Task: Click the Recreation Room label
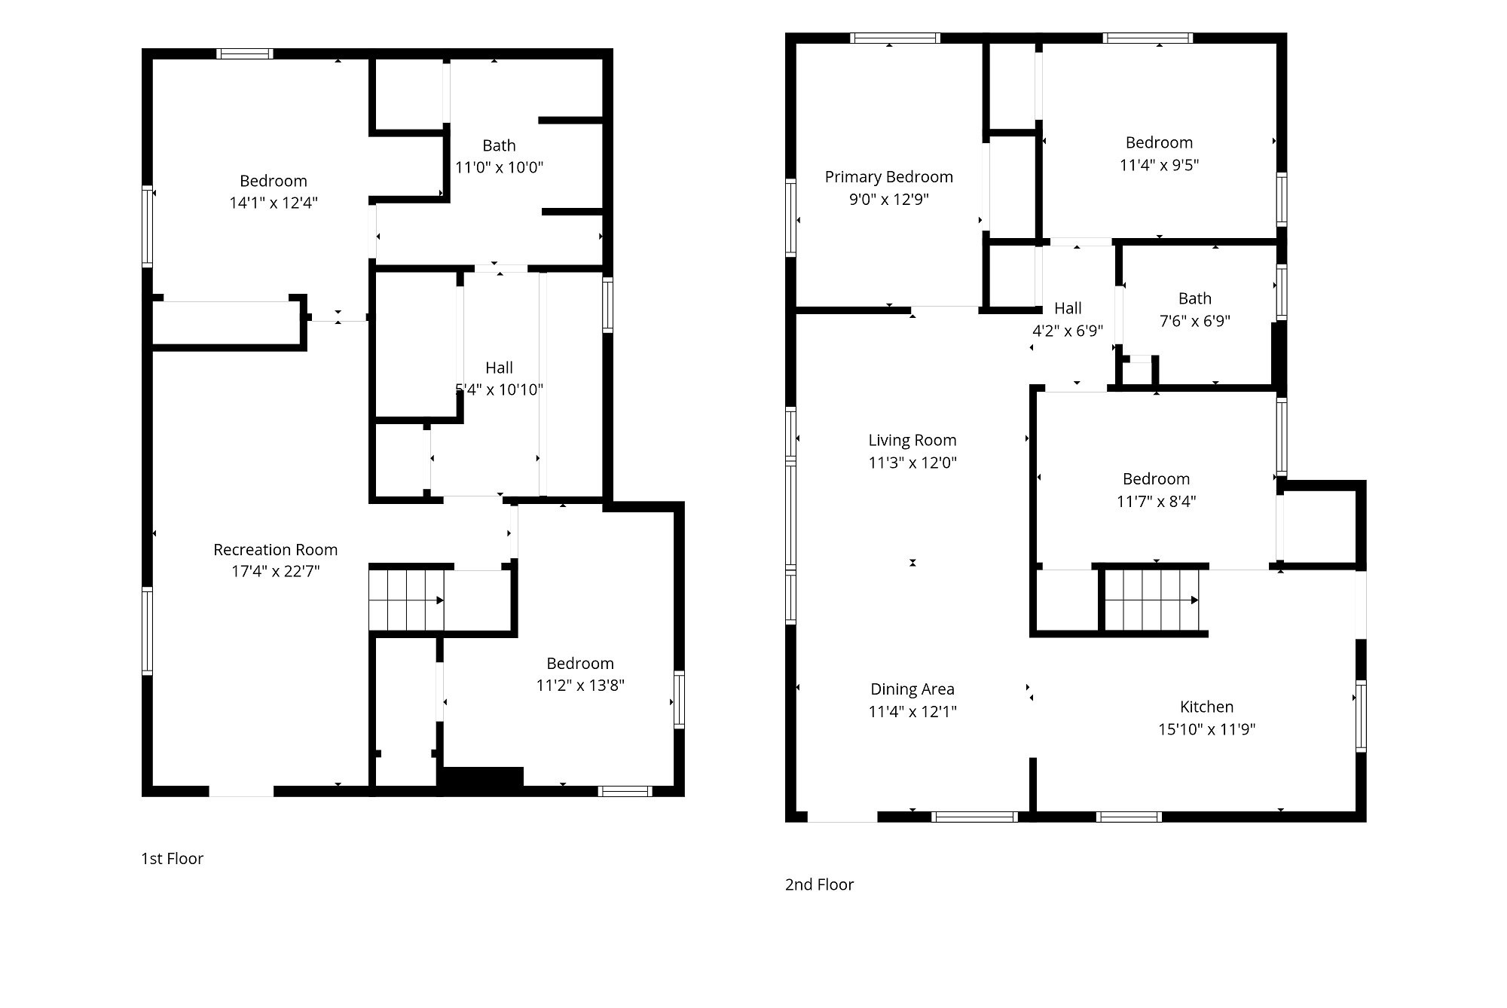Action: [275, 550]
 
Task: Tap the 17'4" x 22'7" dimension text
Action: [275, 572]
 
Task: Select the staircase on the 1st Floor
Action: [406, 600]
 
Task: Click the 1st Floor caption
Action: [172, 859]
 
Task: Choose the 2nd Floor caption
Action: [819, 884]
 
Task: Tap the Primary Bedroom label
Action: [889, 177]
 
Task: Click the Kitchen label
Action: [1207, 707]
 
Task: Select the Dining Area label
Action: [912, 689]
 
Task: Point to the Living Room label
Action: [912, 441]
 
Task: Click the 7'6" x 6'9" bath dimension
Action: [1195, 321]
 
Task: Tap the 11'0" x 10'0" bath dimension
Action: [499, 167]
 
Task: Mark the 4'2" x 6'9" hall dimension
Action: [1068, 331]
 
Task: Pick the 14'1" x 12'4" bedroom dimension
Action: [274, 203]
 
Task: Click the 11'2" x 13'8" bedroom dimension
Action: [580, 686]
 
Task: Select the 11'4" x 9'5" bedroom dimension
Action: [1159, 165]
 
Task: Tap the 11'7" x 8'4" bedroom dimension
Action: [1156, 502]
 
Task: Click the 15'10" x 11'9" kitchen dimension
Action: [1207, 729]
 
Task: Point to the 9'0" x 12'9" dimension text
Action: [889, 200]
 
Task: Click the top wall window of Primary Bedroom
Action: [895, 38]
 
